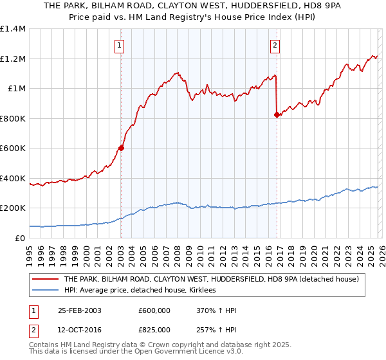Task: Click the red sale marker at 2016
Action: [277, 115]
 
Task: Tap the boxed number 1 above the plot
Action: [120, 45]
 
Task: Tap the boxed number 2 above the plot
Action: [275, 45]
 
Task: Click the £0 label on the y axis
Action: [19, 238]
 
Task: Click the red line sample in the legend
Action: [46, 279]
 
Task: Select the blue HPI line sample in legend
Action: [46, 291]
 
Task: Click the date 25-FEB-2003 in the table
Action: [79, 310]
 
